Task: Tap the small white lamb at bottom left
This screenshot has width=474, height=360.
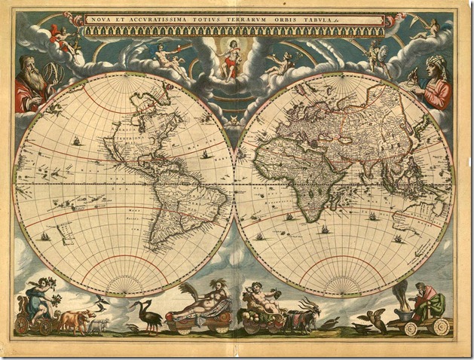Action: click(99, 325)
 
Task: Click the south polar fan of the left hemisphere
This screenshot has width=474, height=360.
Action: click(124, 283)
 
